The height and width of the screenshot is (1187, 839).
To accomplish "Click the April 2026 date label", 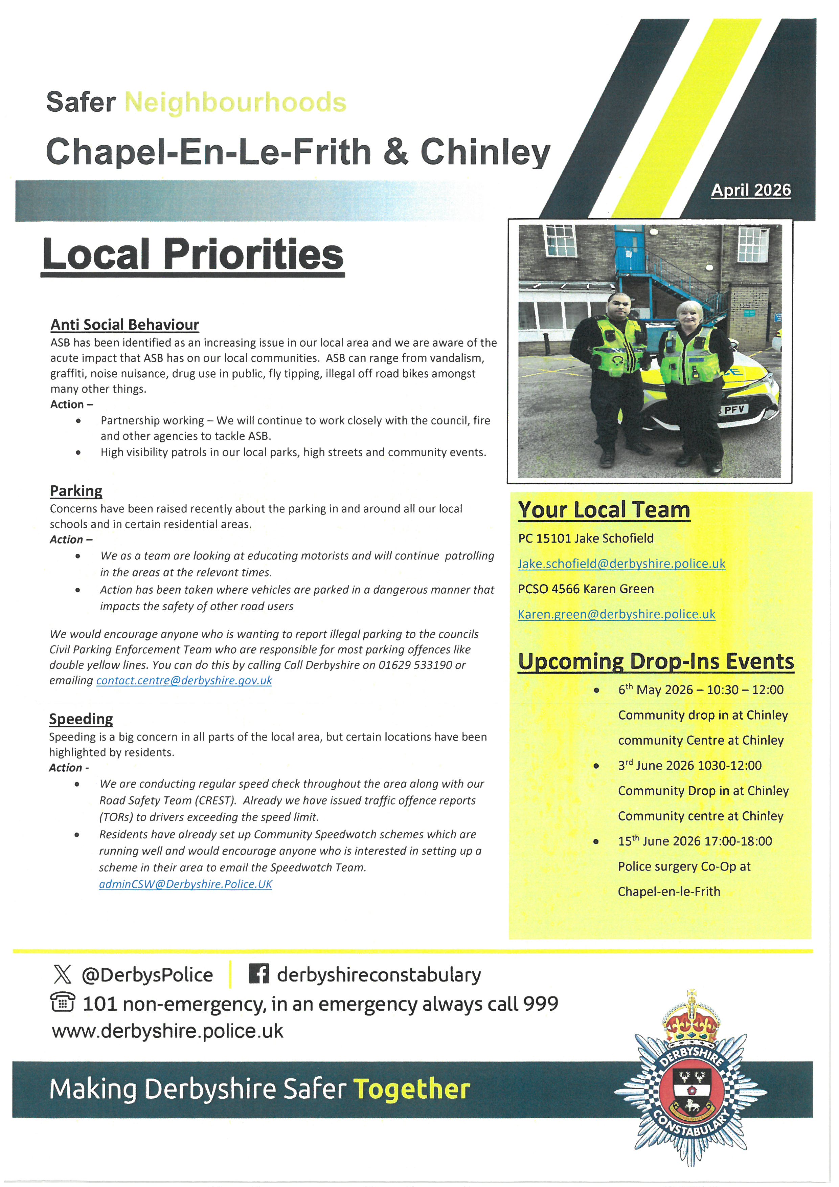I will [x=751, y=190].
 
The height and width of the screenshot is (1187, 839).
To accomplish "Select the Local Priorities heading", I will [x=193, y=255].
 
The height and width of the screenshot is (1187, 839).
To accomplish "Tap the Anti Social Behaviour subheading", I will [x=124, y=325].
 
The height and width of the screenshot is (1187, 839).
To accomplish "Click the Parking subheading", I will [x=76, y=491].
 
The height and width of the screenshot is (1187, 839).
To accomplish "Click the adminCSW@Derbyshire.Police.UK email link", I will [x=185, y=884].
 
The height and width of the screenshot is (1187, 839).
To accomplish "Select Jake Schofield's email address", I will [x=621, y=564].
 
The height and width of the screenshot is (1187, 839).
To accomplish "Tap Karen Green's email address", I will [x=616, y=614].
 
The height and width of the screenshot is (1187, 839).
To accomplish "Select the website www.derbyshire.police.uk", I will [x=167, y=1031].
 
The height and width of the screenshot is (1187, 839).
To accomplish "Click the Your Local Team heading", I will [x=604, y=510].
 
